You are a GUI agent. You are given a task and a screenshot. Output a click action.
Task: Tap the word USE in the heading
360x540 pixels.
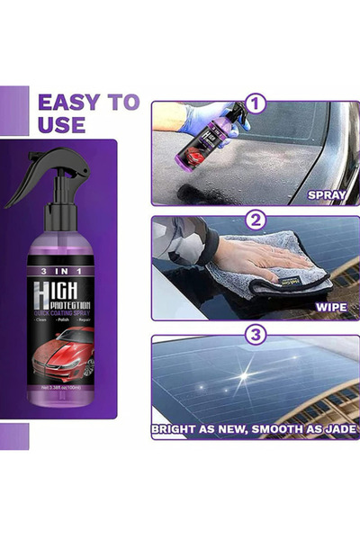[62, 124]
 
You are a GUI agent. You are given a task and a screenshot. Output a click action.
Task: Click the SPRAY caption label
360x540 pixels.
[328, 194]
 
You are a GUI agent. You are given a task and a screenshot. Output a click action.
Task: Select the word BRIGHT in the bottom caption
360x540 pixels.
[179, 430]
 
